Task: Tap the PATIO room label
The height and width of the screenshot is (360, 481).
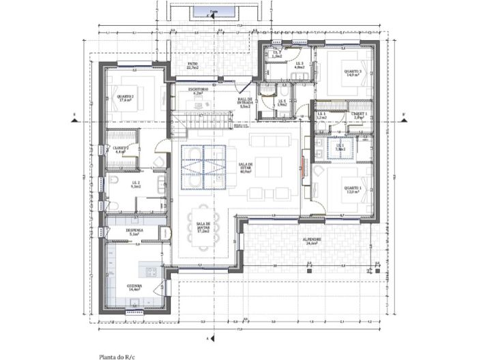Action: (193, 66)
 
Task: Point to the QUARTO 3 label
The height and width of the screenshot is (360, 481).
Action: (352, 73)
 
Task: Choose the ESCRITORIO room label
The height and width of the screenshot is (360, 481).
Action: (199, 91)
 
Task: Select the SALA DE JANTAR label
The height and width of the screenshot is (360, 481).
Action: (203, 227)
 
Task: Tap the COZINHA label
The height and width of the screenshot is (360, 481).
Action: (134, 287)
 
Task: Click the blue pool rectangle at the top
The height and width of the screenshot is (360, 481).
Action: (214, 13)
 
